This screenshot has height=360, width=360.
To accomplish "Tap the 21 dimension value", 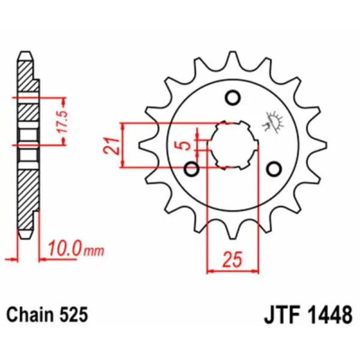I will (110, 146).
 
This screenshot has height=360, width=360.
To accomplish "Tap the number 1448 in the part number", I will (329, 314).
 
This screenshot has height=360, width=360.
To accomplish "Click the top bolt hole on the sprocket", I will (233, 97).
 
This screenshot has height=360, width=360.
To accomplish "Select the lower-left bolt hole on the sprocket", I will (193, 168).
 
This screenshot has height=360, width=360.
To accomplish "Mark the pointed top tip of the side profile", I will (25, 53).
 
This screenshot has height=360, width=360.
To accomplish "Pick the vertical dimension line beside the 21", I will (123, 146).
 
